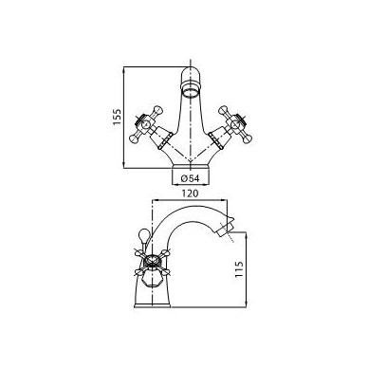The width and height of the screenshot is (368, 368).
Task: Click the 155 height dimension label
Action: point(118,117)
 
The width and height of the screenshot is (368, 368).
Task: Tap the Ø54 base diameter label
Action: point(191,178)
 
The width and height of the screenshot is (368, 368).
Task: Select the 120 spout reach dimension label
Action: point(190,193)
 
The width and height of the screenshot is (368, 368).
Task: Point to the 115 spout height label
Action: point(239,269)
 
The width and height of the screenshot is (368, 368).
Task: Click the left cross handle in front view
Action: point(146,123)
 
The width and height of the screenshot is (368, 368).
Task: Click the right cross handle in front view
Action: point(234,123)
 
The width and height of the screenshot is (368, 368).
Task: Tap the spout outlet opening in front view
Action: point(191,93)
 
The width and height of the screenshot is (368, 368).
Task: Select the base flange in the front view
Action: point(191,166)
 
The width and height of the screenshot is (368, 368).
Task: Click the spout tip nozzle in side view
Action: point(226,228)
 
